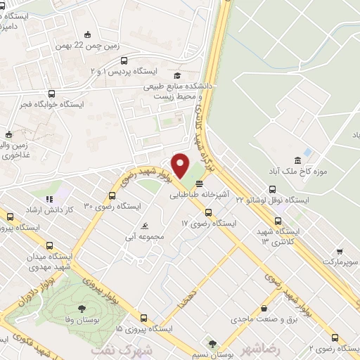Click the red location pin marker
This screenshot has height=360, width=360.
(181, 167)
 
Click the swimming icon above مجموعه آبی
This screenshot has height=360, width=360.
(144, 226)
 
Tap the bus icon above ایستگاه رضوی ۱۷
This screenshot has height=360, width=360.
(207, 212)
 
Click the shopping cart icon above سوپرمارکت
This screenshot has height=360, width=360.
(340, 251)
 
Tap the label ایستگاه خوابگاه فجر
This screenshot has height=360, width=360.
(53, 104)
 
